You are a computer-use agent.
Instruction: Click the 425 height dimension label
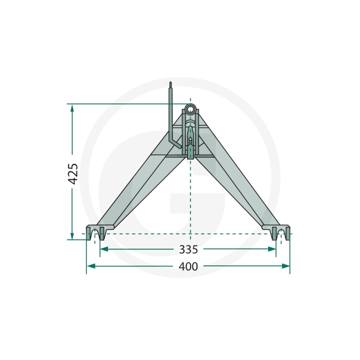(x=73, y=174)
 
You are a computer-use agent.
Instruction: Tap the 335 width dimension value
(x=188, y=250)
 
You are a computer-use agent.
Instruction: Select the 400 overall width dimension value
(x=188, y=266)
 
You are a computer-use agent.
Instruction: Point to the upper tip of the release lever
(x=171, y=82)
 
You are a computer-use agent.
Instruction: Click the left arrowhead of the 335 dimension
(x=104, y=249)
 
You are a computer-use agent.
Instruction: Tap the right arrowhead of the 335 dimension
(x=272, y=249)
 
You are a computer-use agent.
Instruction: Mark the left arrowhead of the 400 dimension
(x=91, y=266)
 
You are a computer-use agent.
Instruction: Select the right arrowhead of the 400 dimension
(x=286, y=266)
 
